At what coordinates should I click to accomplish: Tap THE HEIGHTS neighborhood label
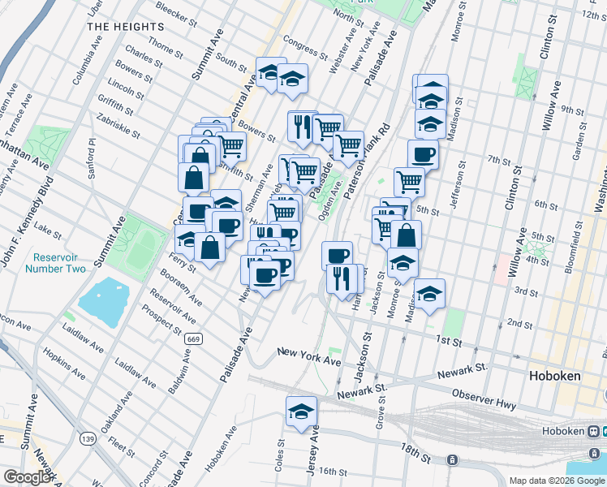[x=126, y=27]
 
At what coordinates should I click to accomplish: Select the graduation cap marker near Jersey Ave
[x=302, y=412]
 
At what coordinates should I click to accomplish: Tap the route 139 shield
[x=88, y=438]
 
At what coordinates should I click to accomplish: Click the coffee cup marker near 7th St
[x=422, y=153]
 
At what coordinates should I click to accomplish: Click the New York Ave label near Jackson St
[x=308, y=355]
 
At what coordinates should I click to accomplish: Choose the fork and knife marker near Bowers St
[x=302, y=126]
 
